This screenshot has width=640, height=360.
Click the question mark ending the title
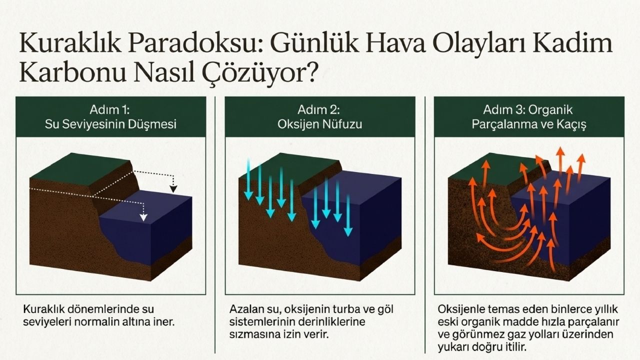click(309, 72)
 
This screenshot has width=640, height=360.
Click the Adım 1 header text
click(110, 109)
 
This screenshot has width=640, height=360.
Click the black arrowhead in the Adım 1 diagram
click(173, 189)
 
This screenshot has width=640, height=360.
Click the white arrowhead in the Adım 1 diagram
click(143, 217)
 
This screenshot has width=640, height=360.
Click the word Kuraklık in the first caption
click(45, 309)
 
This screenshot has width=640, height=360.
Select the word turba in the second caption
click(337, 309)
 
